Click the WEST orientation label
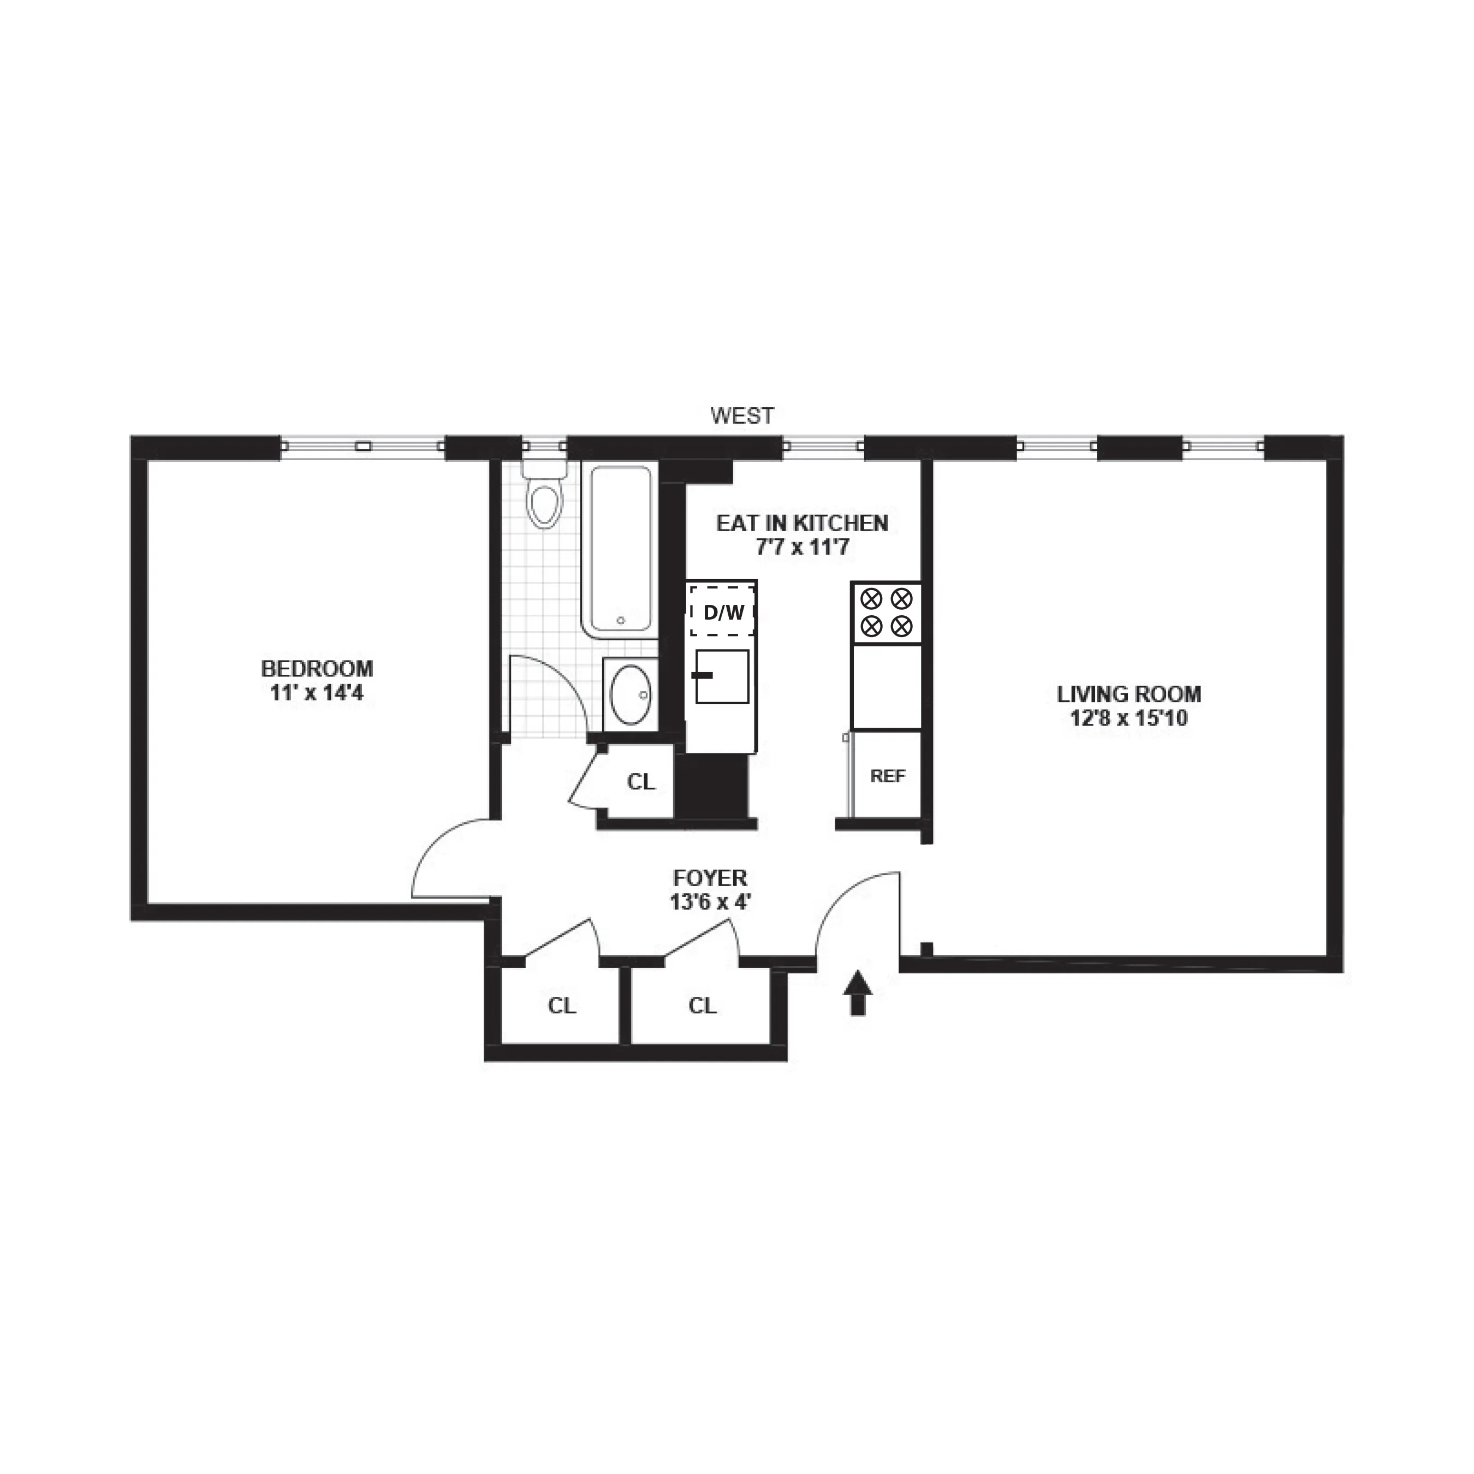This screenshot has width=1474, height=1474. (741, 416)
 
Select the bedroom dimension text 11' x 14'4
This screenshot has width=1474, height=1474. (317, 693)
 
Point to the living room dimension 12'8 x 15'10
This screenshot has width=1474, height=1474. (1128, 718)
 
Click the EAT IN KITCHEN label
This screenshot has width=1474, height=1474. (802, 524)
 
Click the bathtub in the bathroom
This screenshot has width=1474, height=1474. (620, 549)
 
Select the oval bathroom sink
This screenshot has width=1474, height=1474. (630, 694)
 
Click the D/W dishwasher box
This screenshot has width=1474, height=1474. (722, 611)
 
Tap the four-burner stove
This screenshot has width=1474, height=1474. (887, 612)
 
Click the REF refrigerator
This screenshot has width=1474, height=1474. (887, 776)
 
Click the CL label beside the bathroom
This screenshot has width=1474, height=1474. (641, 782)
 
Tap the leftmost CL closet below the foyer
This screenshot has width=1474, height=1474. (562, 1006)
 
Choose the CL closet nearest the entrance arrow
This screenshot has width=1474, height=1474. (702, 1006)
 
